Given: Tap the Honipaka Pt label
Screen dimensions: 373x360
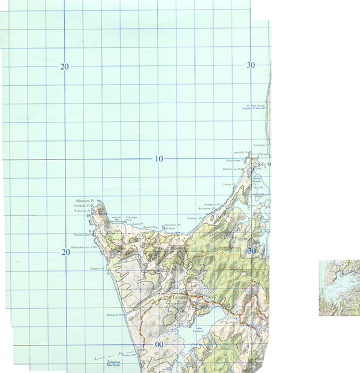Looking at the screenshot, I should coord(81,206).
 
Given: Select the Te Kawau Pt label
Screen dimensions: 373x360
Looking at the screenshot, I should coord(82,211).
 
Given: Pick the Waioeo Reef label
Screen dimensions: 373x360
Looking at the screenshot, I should coord(82,235).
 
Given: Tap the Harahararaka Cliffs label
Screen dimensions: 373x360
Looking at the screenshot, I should coord(84,246).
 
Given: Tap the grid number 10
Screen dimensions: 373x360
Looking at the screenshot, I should coord(158,159).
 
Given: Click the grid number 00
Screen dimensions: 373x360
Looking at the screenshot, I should coord(159,344).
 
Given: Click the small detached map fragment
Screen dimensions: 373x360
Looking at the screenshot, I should coord(339,287).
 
